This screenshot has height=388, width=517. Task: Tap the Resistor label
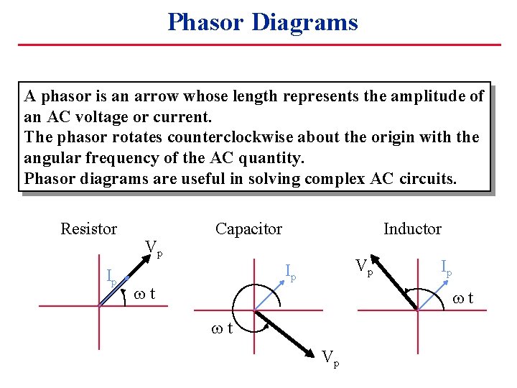pos(88,229)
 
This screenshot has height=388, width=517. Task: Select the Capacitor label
pos(248,229)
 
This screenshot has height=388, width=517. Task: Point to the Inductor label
pos(412,229)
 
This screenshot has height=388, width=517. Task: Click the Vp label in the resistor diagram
pos(154,249)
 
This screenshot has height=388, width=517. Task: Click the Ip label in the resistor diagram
pos(111,276)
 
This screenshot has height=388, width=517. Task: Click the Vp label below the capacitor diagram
pos(330,357)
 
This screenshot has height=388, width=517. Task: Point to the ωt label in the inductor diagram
pos(462,297)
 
